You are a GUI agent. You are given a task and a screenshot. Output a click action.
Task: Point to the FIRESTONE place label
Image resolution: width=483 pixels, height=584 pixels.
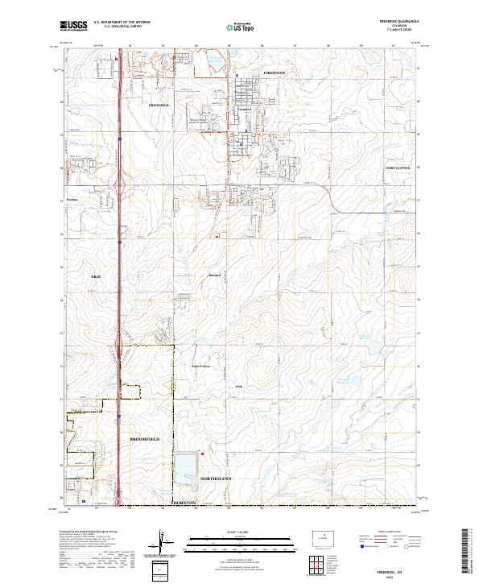(x=275, y=72)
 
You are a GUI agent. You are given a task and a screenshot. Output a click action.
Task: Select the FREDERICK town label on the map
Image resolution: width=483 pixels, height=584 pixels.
(x=159, y=105)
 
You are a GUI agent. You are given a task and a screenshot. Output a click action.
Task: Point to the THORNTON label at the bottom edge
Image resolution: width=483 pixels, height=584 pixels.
(x=184, y=503)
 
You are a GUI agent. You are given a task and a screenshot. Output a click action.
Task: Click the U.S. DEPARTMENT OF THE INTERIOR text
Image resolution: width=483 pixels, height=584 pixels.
(x=122, y=22)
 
